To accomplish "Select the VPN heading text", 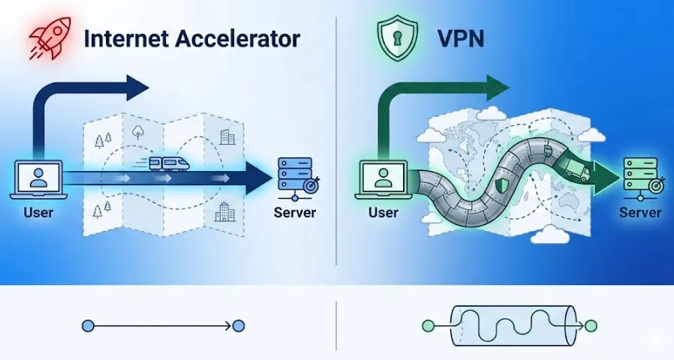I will coord(450,39).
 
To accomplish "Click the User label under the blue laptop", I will coord(38,212).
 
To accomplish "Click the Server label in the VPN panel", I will coord(640,212).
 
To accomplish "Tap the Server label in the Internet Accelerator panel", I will coord(295,212).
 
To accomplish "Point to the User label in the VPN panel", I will coord(383,212).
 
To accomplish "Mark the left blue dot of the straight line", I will coord(88,326).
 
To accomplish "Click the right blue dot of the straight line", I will coord(239,326).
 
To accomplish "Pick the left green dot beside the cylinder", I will coord(428,326).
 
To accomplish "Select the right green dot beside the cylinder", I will coord(591,326).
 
